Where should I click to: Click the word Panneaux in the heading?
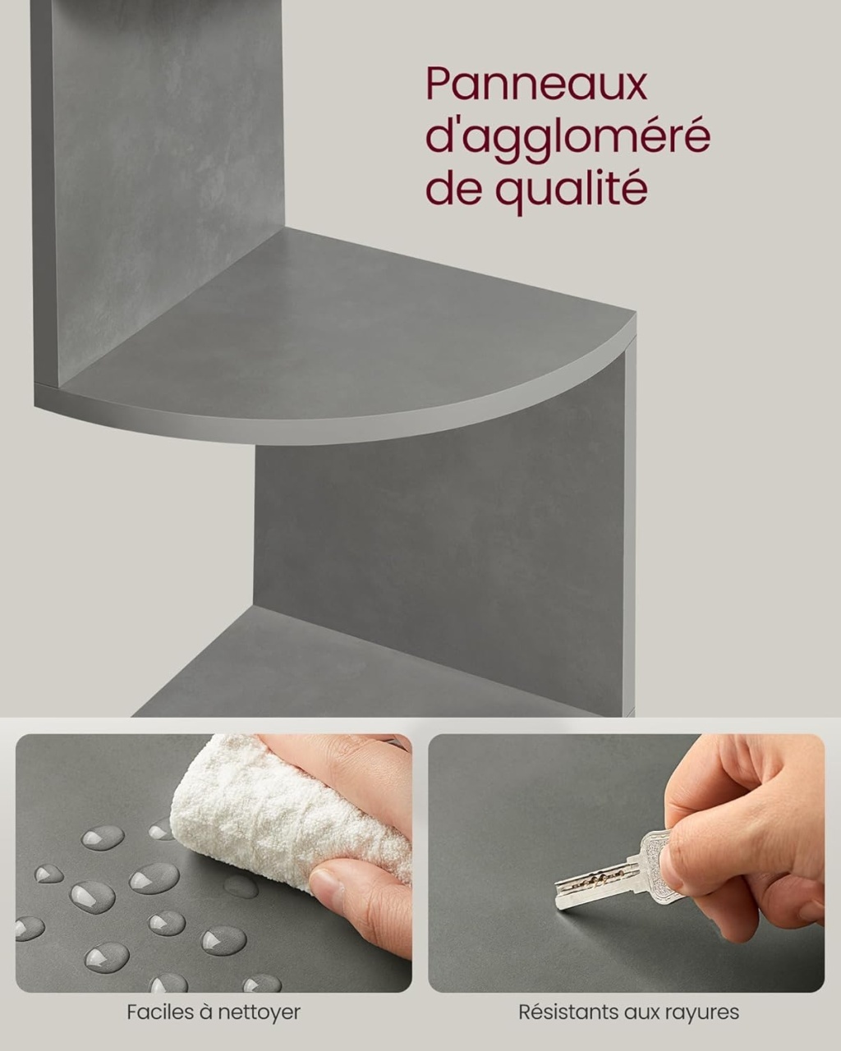coord(536,86)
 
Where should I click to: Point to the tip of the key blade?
coord(558,906)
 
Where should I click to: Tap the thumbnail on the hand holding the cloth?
coord(324,883)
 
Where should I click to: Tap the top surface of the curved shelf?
coord(342,332)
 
